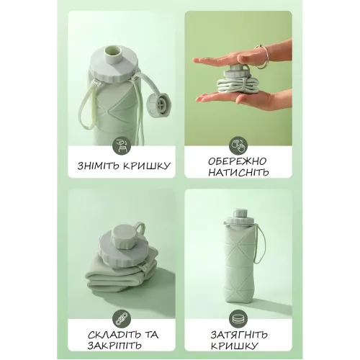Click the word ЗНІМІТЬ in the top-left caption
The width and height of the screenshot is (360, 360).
pos(99,166)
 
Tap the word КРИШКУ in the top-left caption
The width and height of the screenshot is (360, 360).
pos(147,166)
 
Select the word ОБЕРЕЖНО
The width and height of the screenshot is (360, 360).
pos(237,161)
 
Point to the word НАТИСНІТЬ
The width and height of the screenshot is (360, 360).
pos(238,172)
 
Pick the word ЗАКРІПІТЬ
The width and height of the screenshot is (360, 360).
pos(114,346)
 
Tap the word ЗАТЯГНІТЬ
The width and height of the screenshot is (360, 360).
pos(239,335)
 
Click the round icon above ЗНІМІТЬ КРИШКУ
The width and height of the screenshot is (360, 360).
pos(122,146)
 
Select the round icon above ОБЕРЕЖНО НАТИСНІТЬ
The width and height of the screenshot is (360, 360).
pos(238,146)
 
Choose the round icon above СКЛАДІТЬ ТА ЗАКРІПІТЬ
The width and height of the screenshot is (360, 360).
pos(122,319)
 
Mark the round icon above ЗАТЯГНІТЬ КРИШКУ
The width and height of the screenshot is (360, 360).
pos(238,319)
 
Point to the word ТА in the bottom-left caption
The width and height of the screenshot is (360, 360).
pos(151,335)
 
